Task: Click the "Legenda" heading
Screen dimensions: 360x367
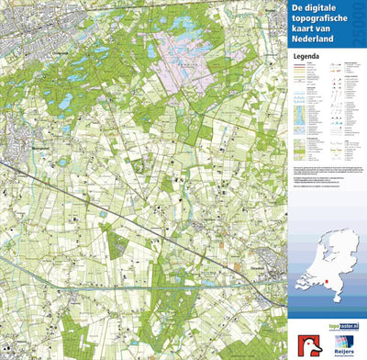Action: [x=308, y=56]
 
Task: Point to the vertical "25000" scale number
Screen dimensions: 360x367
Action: [x=357, y=25]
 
